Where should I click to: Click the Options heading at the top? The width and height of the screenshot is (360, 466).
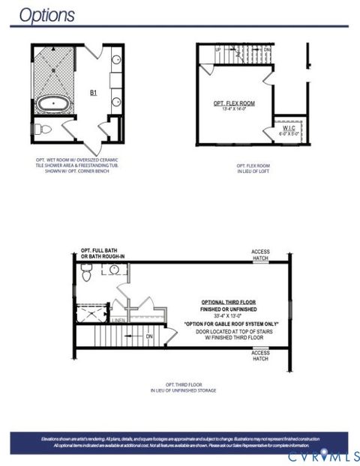(x=46, y=15)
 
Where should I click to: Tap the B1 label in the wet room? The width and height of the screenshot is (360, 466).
(x=94, y=92)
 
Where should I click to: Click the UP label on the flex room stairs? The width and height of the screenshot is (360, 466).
(x=218, y=49)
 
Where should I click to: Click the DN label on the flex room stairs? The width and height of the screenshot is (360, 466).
(x=267, y=49)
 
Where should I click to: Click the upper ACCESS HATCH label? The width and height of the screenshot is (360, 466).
(x=260, y=255)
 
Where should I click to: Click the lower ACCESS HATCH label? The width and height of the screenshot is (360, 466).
(x=260, y=356)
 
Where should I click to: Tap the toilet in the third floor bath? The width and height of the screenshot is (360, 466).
(x=87, y=275)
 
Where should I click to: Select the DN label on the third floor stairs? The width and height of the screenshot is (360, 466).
(x=149, y=336)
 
